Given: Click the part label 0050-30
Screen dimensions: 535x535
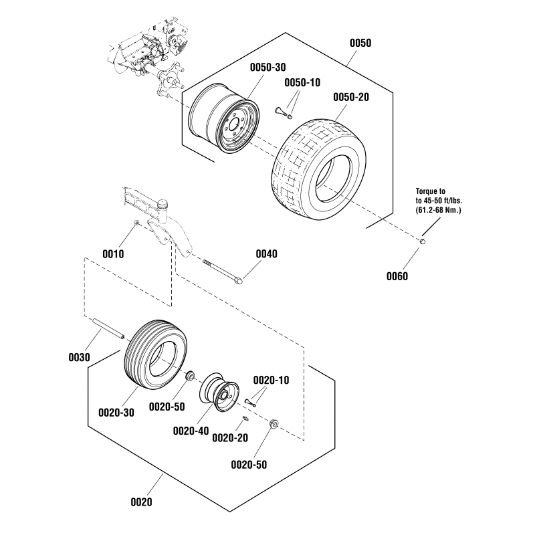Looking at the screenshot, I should click(x=268, y=68).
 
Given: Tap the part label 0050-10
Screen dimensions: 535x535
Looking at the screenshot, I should click(x=303, y=82).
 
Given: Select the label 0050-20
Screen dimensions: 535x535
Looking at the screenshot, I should click(x=351, y=97).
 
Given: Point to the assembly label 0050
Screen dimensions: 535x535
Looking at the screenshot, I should click(x=360, y=43).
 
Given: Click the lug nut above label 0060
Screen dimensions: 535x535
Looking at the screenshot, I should click(x=423, y=241).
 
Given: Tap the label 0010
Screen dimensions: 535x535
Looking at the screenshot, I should click(x=114, y=254).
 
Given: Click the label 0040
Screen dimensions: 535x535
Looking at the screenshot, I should click(x=267, y=254).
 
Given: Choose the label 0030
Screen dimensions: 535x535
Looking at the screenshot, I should click(x=79, y=357).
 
